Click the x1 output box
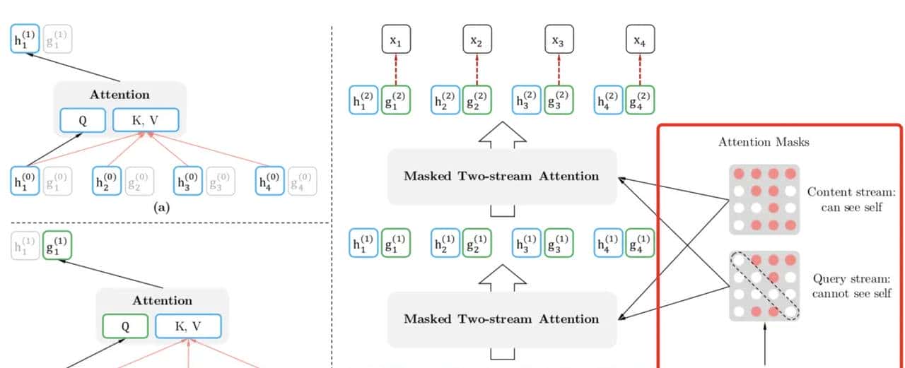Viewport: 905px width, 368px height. point(396,41)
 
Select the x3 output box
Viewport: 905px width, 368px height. point(559,41)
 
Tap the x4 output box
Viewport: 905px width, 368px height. point(640,41)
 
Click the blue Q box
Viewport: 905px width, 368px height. point(82,121)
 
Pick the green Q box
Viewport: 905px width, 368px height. point(125,326)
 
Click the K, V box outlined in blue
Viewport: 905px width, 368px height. point(146,121)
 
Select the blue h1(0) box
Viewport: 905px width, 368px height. point(25,181)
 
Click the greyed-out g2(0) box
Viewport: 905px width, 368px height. point(140,181)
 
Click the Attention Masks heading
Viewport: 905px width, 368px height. point(764,142)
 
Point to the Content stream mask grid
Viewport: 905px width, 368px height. point(764,199)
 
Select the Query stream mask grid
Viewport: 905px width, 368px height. point(764,286)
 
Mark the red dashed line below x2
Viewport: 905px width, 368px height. point(477,69)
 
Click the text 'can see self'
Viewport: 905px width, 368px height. point(851,207)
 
